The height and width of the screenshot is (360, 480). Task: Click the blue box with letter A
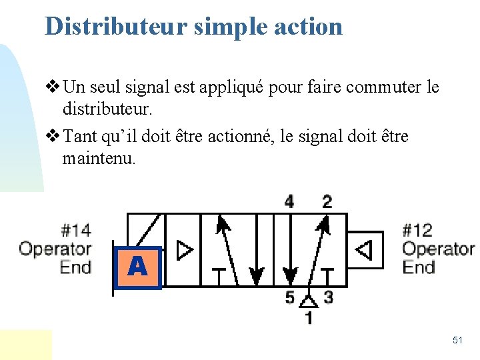(137, 267)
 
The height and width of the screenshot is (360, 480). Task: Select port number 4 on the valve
(289, 201)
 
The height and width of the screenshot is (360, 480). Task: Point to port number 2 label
(327, 201)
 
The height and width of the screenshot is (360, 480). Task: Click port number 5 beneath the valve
(290, 298)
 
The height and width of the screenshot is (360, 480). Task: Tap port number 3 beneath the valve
(328, 298)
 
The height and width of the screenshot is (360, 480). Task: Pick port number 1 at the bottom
(308, 317)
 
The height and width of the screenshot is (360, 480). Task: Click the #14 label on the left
(75, 231)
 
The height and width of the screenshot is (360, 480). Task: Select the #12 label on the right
(418, 231)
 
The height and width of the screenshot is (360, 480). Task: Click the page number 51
(457, 340)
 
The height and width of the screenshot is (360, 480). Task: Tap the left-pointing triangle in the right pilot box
(363, 250)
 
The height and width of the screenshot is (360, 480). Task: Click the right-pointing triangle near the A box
(185, 250)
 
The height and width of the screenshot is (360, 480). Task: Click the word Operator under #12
(439, 249)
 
